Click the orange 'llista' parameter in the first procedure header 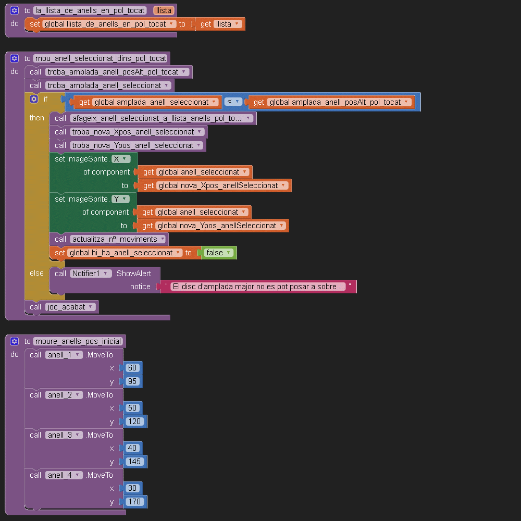[164, 10]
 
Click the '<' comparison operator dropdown [233, 102]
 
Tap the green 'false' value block [219, 253]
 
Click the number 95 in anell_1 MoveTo [132, 381]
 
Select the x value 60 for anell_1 [132, 368]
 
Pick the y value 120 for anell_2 [135, 421]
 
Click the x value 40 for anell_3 [132, 448]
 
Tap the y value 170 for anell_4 [135, 502]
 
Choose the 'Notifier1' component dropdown [91, 274]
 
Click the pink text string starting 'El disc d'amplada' [258, 287]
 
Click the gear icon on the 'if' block [34, 98]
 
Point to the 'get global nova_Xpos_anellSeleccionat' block [214, 185]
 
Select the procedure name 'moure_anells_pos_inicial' [78, 341]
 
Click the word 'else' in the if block [36, 273]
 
